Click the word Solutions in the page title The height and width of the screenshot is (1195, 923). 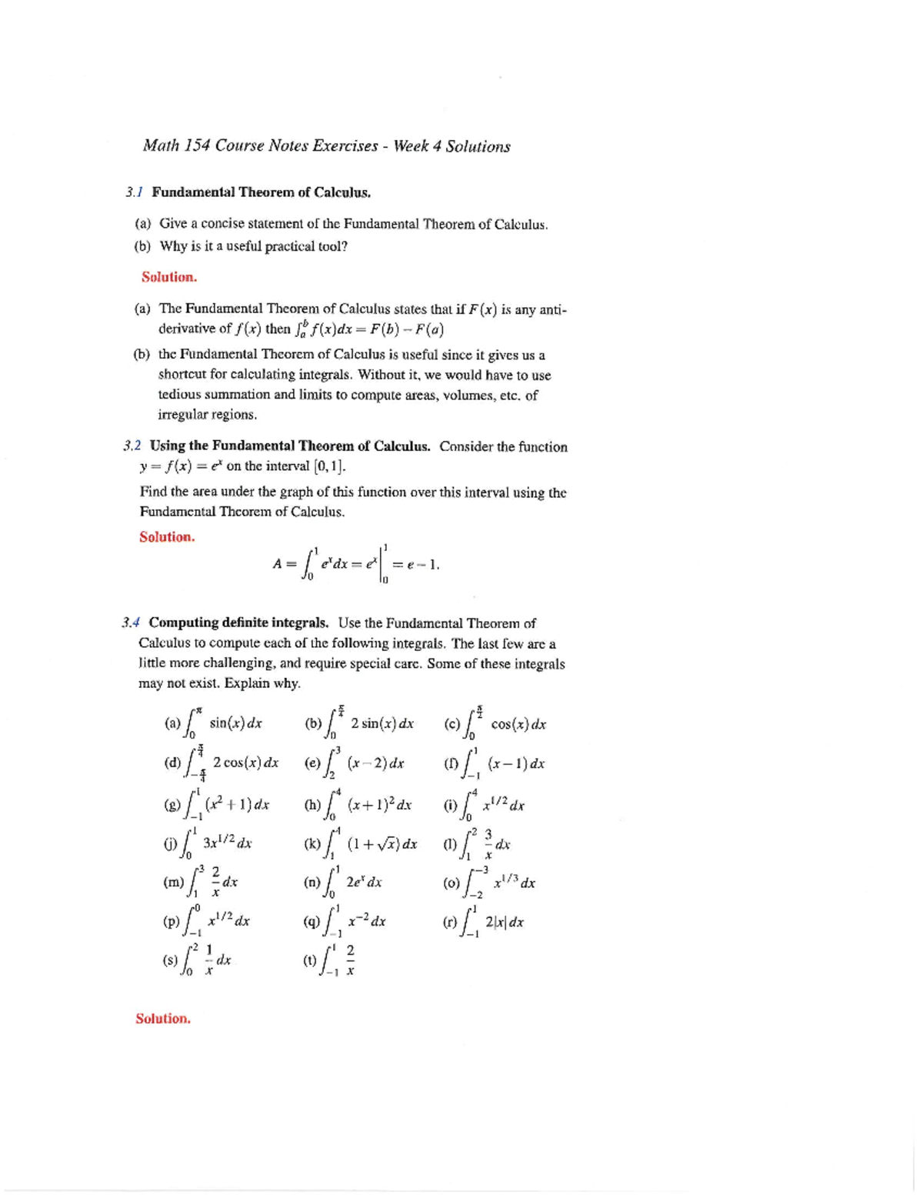coord(478,146)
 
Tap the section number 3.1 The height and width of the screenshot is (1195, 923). coord(135,192)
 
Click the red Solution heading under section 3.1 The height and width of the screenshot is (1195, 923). coord(169,276)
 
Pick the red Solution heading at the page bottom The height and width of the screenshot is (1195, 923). coord(163,1018)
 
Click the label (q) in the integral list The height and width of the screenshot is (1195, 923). coord(312,921)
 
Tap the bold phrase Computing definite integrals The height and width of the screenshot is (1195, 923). coord(239,623)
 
